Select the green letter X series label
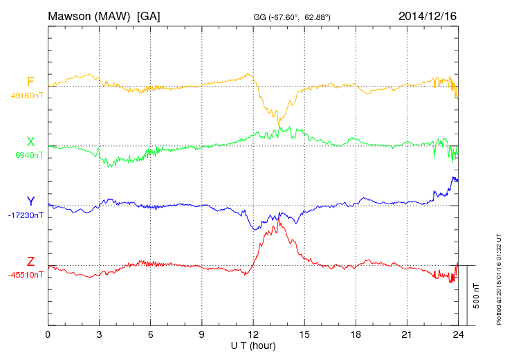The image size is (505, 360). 30,142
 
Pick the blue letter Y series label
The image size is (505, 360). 30,201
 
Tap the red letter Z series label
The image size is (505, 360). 30,261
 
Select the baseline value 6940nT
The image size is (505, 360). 28,155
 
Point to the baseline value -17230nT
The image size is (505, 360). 26,215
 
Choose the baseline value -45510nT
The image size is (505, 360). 26,274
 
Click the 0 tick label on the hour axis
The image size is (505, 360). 48,335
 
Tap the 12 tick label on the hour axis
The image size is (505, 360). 253,335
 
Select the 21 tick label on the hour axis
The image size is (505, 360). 407,335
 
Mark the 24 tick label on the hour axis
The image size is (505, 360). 458,335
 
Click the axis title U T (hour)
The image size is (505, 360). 252,345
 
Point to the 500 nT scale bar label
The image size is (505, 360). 476,296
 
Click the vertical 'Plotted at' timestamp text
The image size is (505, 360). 498,277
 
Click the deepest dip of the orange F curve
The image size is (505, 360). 279,125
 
